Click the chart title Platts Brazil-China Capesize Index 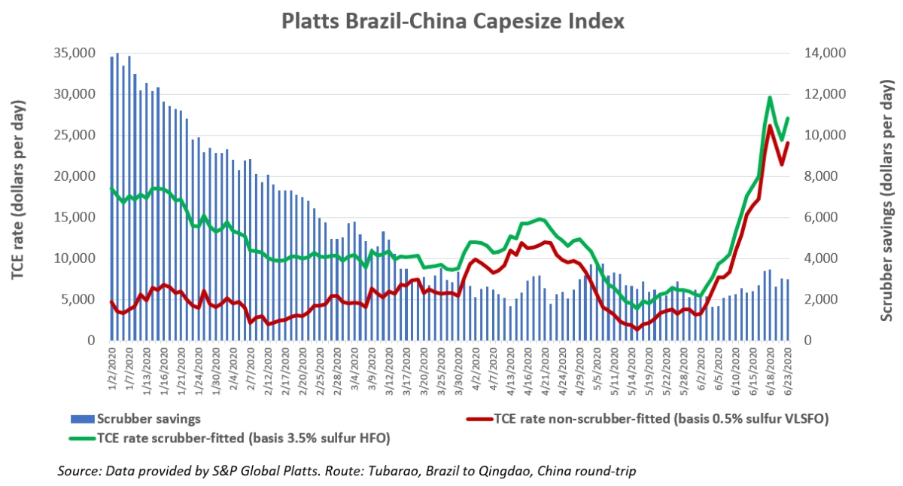(452, 20)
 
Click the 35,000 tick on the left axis (74, 53)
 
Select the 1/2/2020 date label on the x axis (111, 368)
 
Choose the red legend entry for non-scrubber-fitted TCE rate (646, 417)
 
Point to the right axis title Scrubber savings (888, 197)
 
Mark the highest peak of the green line (770, 97)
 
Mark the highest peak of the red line (770, 126)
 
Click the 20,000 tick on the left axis (74, 176)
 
